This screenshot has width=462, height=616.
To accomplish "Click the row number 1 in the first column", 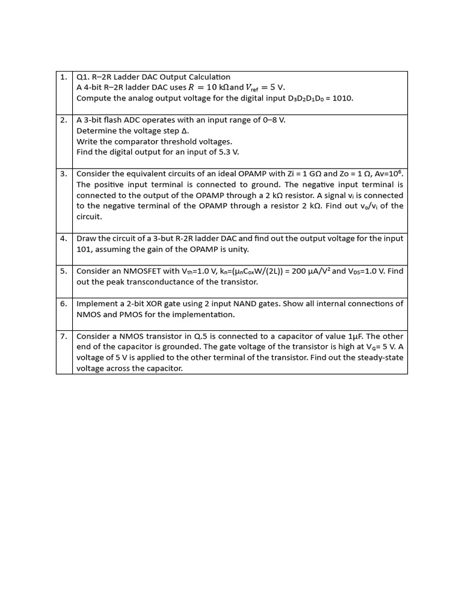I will (64, 77).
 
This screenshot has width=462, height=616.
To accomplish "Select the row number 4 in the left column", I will (64, 239).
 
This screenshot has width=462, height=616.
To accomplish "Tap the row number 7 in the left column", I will (64, 336).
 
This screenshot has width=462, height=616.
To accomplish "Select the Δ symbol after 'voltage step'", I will (185, 131).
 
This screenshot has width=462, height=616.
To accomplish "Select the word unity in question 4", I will (236, 250).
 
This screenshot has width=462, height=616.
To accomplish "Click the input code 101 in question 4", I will (84, 250).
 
